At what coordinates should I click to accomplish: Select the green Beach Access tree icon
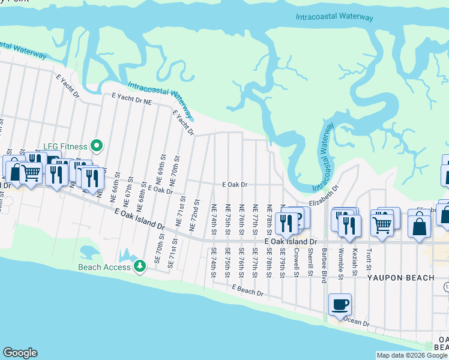(x=140, y=265)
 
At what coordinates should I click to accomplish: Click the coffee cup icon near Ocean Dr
(x=340, y=305)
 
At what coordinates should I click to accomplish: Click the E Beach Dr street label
(x=248, y=290)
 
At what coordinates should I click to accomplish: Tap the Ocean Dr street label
(x=357, y=322)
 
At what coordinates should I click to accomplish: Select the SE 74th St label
(x=213, y=262)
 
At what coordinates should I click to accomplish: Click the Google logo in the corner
(x=20, y=353)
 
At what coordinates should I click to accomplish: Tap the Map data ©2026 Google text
(x=412, y=355)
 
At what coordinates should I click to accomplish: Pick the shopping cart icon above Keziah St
(x=382, y=224)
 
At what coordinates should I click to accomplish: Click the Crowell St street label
(x=297, y=258)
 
